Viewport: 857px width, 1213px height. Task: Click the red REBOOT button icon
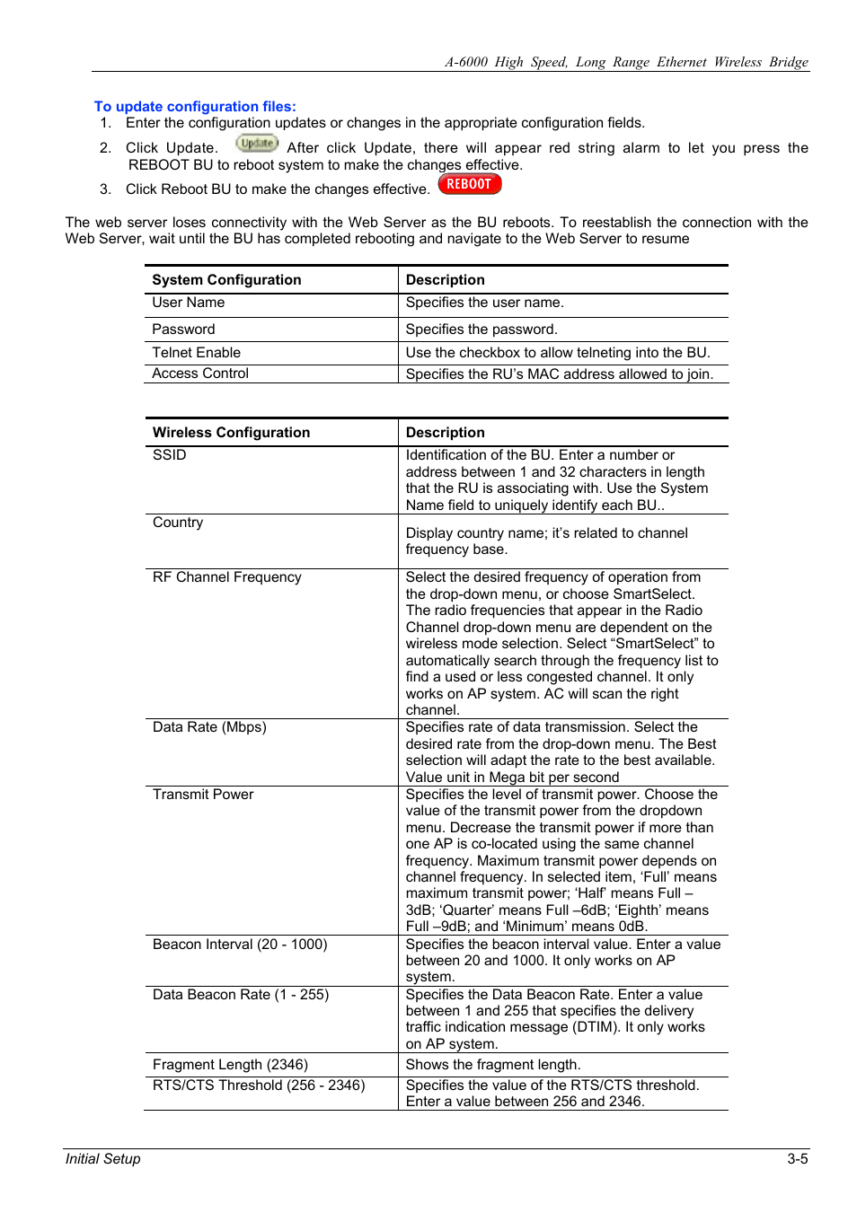469,184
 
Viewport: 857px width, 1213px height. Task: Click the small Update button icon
257,143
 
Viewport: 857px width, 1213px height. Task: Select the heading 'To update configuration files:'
195,106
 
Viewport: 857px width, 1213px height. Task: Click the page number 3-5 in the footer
797,1158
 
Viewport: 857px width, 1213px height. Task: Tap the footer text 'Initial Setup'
102,1158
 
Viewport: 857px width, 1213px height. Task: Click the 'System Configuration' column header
226,280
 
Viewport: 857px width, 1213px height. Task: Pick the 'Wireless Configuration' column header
231,433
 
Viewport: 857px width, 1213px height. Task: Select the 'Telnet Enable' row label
196,353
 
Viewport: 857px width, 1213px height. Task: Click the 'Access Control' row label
200,374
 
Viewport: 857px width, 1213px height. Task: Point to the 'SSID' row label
169,455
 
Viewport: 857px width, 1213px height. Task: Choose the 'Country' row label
178,523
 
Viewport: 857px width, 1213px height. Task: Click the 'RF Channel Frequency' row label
226,577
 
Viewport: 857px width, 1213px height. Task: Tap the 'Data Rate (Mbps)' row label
209,727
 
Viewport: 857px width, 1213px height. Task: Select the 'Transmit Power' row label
203,795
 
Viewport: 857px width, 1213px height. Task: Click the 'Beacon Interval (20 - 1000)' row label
240,945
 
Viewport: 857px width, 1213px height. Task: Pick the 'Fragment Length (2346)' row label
230,1065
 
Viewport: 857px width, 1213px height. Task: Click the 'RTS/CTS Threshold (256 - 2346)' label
259,1086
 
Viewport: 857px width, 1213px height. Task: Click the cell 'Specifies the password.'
482,330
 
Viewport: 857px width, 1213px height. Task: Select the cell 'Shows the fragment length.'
493,1065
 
